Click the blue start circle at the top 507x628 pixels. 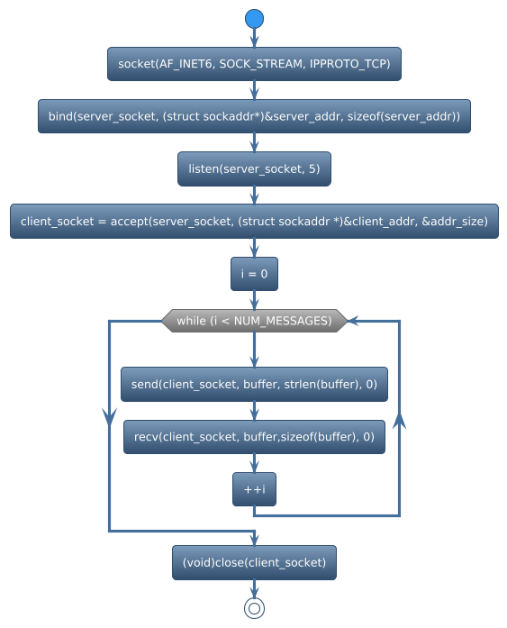click(254, 18)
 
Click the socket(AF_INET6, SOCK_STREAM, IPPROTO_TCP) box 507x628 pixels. click(254, 64)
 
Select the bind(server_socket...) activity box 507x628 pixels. click(254, 116)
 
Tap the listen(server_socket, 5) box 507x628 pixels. click(254, 168)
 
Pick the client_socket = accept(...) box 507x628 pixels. click(254, 221)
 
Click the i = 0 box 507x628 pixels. click(254, 273)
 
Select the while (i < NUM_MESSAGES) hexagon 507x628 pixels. click(254, 321)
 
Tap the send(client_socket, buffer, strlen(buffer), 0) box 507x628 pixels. click(254, 384)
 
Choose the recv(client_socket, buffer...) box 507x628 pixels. click(254, 437)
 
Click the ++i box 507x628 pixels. click(254, 489)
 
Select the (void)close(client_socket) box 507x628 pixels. click(254, 562)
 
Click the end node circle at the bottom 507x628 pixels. click(254, 608)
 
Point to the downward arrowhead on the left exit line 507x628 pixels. click(109, 415)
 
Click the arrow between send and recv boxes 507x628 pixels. click(254, 411)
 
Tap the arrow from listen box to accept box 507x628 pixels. click(254, 195)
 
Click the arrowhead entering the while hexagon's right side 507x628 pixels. click(354, 321)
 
